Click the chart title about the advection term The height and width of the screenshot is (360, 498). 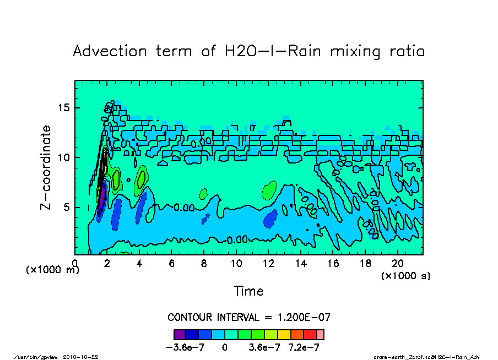click(x=249, y=52)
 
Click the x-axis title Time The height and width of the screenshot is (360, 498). click(x=249, y=291)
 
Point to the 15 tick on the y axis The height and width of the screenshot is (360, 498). click(x=68, y=107)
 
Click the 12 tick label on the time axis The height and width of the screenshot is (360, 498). click(x=269, y=264)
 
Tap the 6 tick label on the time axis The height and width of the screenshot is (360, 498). click(x=172, y=264)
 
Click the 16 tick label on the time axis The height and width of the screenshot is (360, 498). click(x=333, y=264)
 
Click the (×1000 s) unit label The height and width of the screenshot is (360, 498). click(x=405, y=275)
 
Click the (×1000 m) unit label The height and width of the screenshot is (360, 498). click(x=53, y=270)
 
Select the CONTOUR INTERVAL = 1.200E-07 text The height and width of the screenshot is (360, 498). click(x=249, y=318)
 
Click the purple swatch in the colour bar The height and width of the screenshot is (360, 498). click(x=179, y=334)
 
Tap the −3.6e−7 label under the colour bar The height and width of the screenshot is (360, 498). click(x=186, y=348)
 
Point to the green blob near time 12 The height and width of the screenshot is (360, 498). click(x=269, y=190)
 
